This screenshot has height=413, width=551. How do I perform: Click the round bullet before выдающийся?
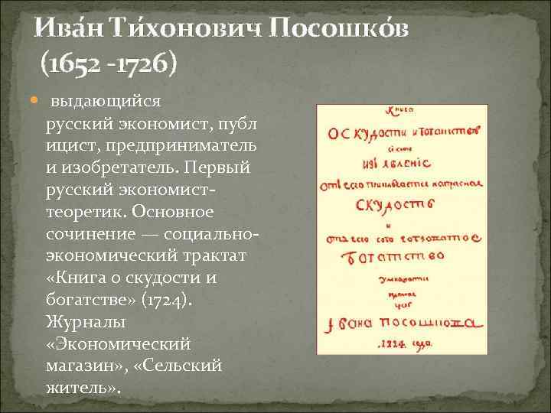[x=37, y=101]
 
